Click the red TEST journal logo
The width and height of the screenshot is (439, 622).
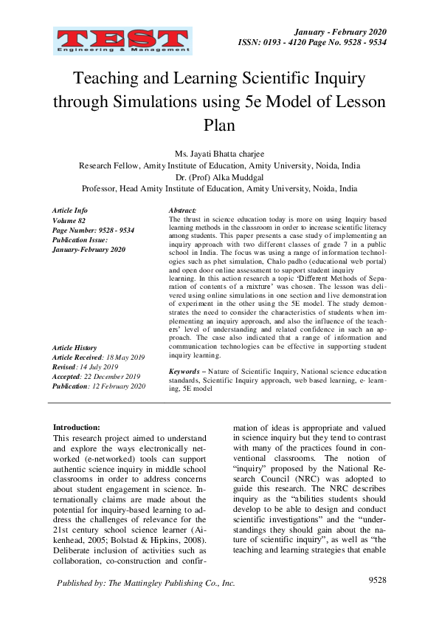[122, 41]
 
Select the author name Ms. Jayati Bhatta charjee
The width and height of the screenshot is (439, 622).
[219, 154]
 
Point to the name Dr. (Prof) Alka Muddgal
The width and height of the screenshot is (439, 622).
[219, 177]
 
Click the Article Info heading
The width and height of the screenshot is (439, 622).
[70, 211]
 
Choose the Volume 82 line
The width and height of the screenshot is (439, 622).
[69, 221]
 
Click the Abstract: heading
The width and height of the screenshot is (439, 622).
[182, 211]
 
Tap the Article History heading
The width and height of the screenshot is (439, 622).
[75, 348]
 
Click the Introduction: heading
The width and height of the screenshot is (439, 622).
[77, 427]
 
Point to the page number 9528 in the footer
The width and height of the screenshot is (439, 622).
[377, 580]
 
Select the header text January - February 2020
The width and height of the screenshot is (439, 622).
[339, 32]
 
